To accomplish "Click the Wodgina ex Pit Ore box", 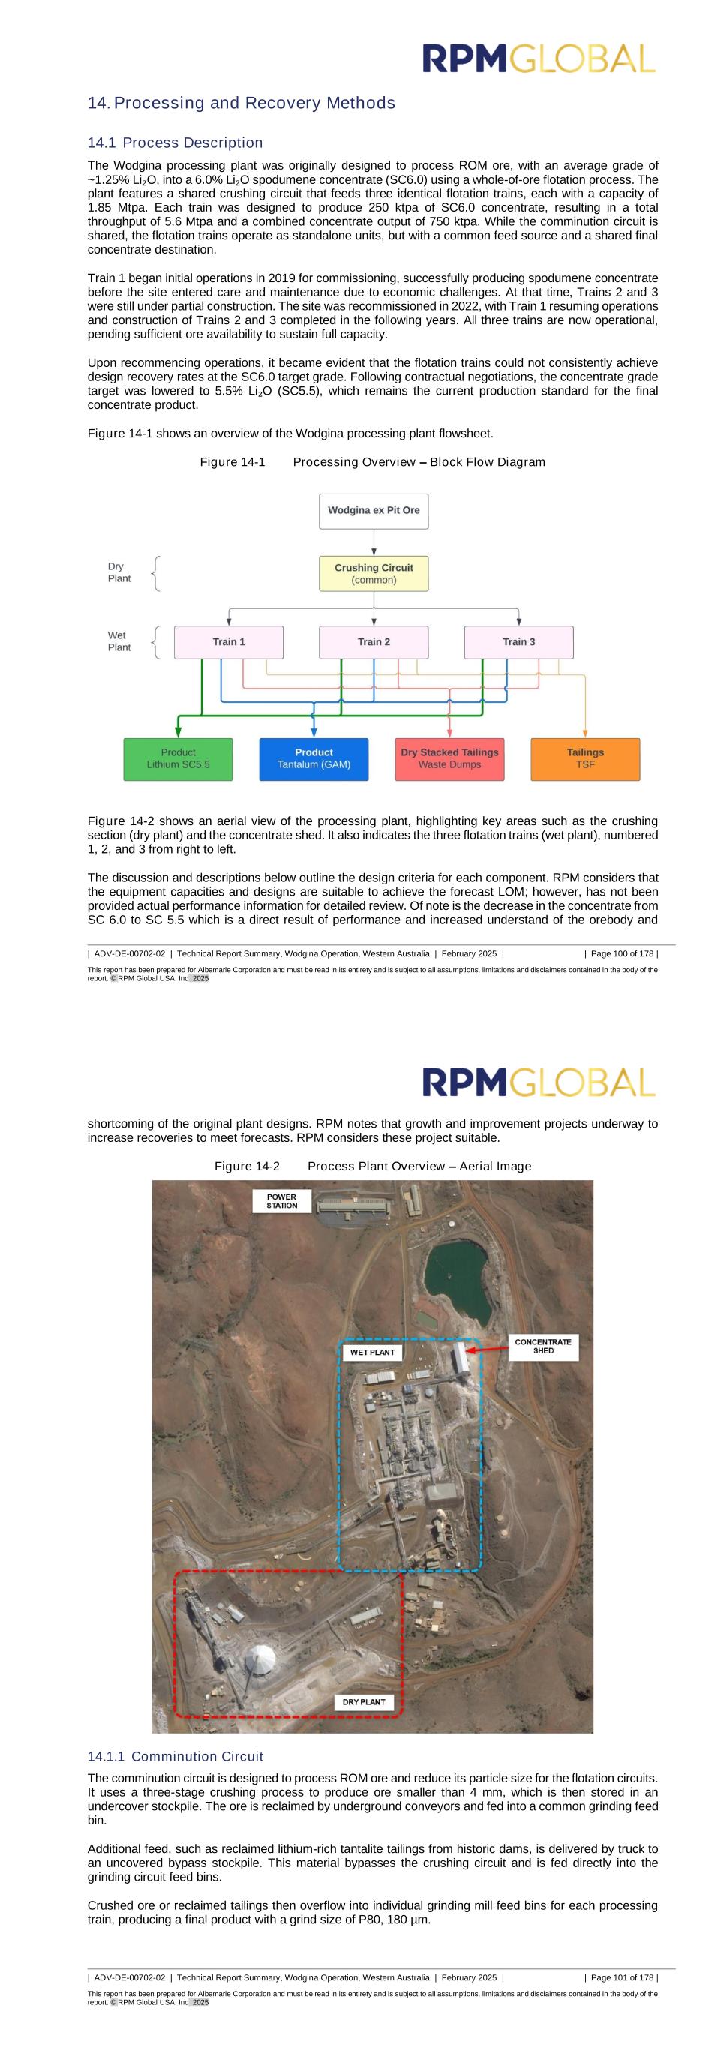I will [374, 510].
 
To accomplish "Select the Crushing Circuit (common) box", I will [374, 573].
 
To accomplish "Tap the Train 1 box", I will [228, 641].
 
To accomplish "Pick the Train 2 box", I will [374, 641].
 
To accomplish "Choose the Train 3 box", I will [518, 641].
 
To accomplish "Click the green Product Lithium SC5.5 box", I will [178, 758].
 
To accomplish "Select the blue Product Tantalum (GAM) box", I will [314, 758].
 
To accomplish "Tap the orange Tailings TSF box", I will [585, 758].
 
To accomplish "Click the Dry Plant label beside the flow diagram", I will [119, 572].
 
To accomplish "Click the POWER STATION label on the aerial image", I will [281, 1200].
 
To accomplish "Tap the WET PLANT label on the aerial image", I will [372, 1352].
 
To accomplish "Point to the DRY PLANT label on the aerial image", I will [363, 1701].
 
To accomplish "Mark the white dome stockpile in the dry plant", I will [260, 1659].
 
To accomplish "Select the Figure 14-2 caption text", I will [373, 1166].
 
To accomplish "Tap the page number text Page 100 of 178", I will [620, 953].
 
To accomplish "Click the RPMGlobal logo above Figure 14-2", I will [539, 1082].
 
